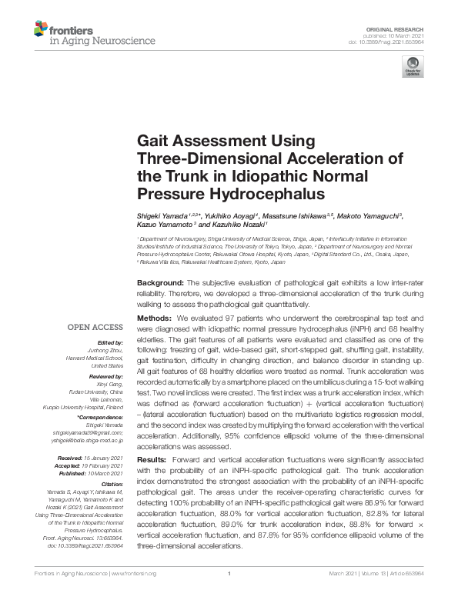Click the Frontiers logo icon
(x=40, y=29)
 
